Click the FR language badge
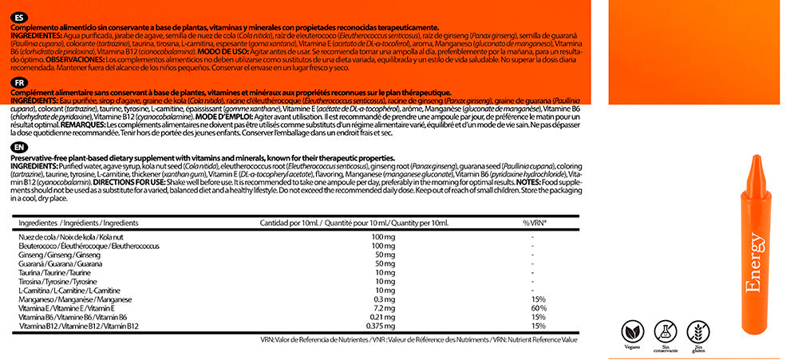coord(17,82)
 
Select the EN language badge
coord(17,148)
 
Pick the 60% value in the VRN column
coord(538,307)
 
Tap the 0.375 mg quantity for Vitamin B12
coord(381,326)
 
